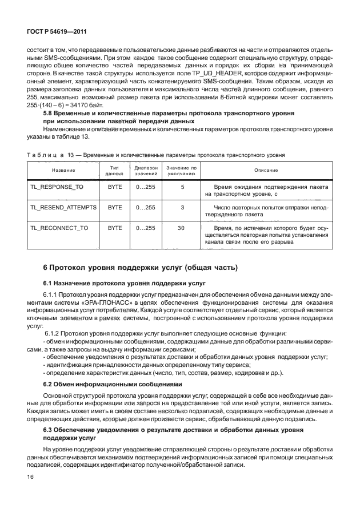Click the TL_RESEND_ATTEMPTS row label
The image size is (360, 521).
click(63, 208)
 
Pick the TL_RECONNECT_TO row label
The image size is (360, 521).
click(60, 228)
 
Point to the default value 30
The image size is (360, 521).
click(181, 228)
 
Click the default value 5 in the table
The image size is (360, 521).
click(182, 187)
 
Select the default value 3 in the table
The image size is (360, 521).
click(182, 208)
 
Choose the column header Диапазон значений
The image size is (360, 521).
click(145, 170)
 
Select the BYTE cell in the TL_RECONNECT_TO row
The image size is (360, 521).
click(115, 228)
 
